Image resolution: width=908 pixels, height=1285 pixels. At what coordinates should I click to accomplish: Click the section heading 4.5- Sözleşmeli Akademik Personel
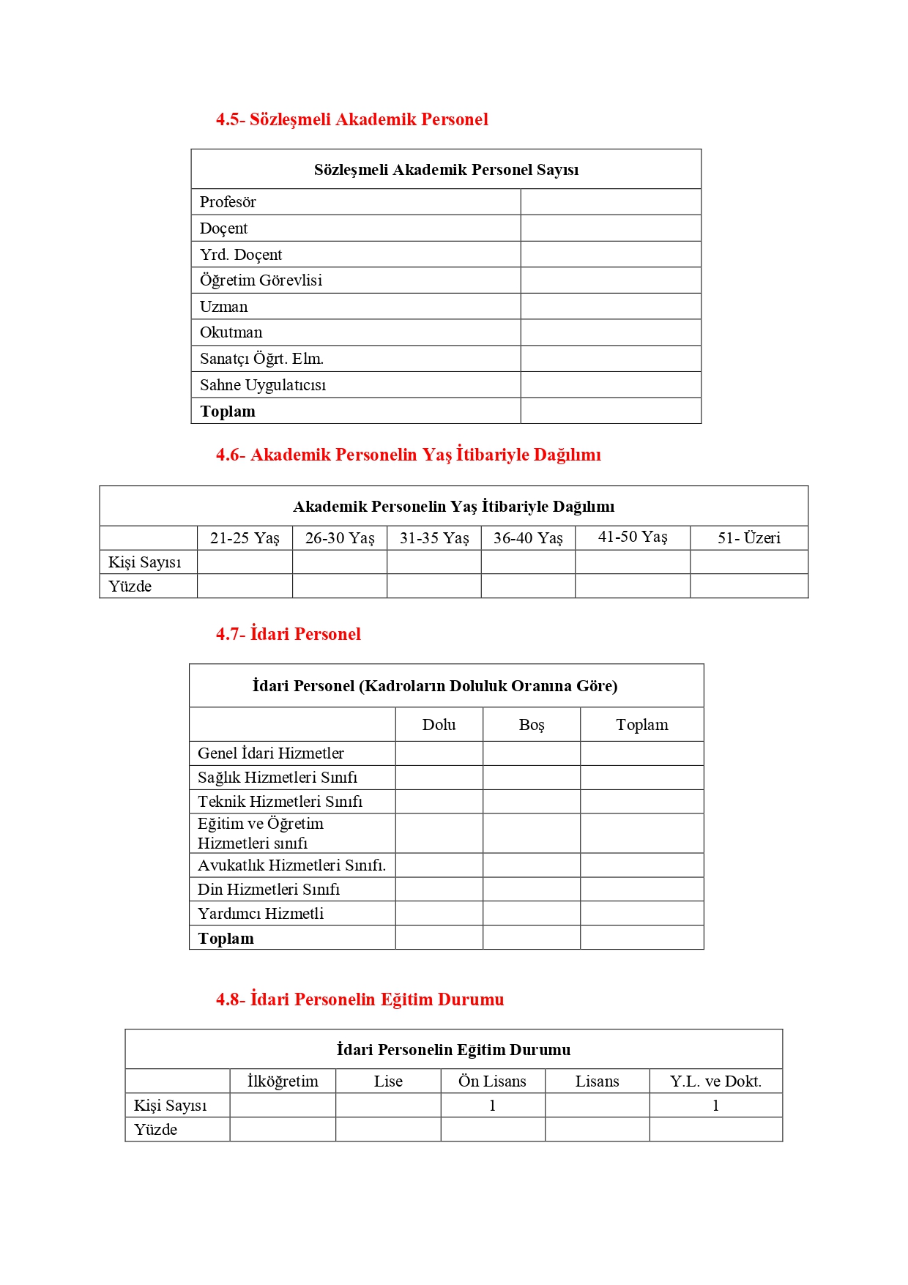351,119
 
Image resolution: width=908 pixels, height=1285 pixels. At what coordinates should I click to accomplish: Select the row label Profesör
228,202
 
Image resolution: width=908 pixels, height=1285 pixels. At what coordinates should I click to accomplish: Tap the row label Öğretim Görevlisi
261,280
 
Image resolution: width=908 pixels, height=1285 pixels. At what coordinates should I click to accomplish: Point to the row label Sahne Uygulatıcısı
263,385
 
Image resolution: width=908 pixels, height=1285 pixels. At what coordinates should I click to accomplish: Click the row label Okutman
231,332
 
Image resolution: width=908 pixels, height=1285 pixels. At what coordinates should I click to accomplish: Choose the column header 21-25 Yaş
245,538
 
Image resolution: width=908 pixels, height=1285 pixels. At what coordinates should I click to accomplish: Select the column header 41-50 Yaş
633,537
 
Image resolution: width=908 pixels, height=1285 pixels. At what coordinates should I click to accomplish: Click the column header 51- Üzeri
748,538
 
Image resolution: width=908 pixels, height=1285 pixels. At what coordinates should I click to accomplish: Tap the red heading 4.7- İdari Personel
288,634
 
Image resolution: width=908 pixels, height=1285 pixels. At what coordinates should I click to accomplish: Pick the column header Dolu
439,725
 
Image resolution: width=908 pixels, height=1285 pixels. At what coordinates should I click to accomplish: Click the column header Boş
532,725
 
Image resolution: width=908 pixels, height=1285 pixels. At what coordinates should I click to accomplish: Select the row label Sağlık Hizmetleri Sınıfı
278,778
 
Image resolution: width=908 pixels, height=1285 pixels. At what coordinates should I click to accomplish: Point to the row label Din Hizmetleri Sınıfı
269,890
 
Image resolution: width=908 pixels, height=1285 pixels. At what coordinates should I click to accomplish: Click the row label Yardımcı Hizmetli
261,914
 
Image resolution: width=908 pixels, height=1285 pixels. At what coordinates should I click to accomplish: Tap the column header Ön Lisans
492,1081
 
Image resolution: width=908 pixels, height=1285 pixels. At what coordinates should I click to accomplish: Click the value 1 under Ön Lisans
492,1106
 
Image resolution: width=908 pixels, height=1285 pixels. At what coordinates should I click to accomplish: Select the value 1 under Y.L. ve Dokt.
715,1106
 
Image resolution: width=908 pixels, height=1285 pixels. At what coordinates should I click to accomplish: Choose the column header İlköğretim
283,1081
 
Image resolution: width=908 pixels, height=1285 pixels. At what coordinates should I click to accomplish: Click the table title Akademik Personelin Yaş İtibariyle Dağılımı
453,507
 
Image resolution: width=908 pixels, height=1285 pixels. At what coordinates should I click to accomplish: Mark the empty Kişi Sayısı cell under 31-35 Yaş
433,562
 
